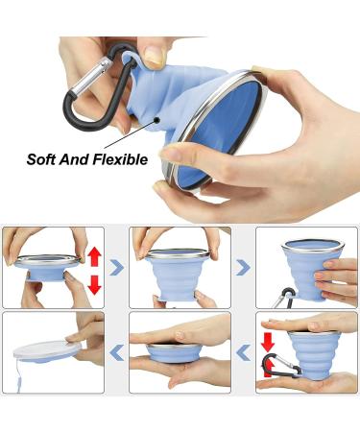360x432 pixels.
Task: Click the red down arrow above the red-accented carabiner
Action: click(x=267, y=342)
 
